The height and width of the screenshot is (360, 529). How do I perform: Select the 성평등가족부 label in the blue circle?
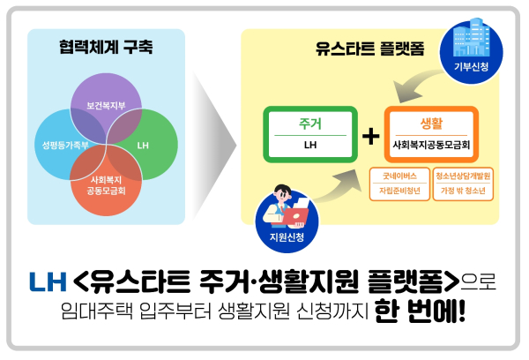click(x=64, y=145)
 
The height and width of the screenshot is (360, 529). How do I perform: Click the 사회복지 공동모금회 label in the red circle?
click(x=105, y=184)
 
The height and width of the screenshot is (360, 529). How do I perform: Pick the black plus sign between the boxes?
click(x=370, y=135)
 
